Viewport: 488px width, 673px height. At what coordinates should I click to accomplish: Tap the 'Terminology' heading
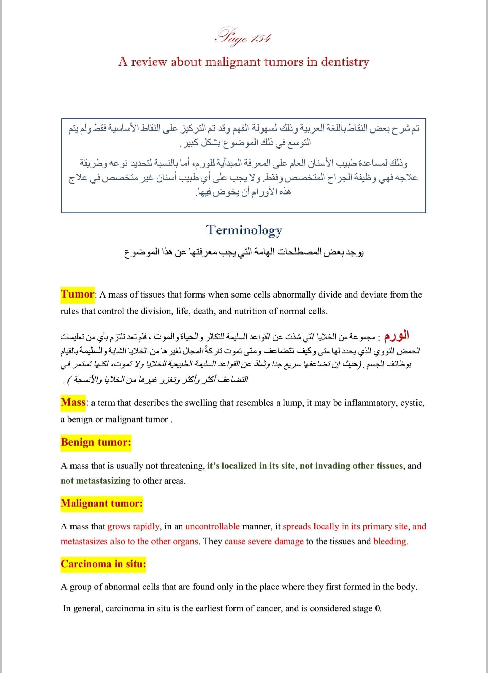click(244, 230)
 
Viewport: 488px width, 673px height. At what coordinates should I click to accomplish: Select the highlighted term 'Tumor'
click(77, 294)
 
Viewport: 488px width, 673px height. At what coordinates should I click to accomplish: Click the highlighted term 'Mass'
click(73, 402)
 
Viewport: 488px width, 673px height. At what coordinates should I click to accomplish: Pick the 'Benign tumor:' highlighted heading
click(96, 442)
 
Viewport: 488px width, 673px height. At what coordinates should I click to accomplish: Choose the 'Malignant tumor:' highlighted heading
click(102, 503)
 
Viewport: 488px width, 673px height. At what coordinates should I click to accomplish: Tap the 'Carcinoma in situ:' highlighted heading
click(103, 564)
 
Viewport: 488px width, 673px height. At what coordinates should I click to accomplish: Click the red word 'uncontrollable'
click(212, 527)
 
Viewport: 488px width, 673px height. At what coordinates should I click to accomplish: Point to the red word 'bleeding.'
click(390, 542)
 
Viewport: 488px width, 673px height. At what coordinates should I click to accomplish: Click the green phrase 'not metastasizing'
click(96, 481)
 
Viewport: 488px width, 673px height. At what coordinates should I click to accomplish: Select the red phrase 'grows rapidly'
click(133, 527)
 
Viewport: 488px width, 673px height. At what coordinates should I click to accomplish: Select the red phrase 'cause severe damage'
click(264, 542)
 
